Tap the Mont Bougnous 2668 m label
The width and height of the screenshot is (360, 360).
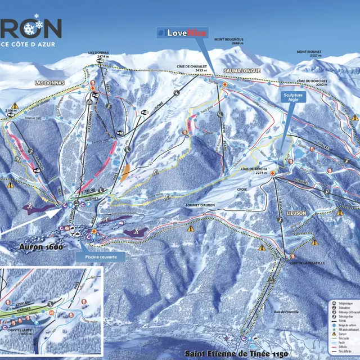[229, 41]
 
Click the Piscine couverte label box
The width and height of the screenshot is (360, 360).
[100, 255]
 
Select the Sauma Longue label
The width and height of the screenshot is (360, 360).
[240, 71]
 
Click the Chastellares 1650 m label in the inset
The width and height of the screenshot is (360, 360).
[17, 331]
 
